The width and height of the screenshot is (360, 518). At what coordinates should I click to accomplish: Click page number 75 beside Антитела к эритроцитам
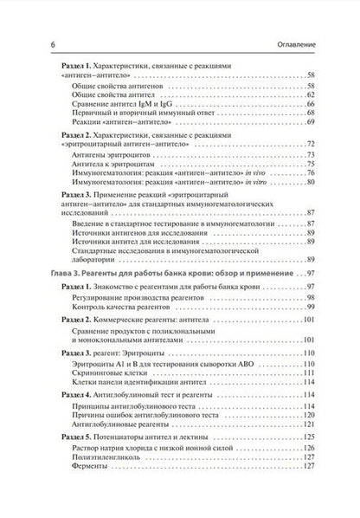(x=311, y=162)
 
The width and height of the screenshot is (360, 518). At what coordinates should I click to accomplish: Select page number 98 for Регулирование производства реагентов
(x=311, y=297)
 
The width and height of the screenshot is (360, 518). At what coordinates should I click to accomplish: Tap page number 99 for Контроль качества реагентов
(x=311, y=308)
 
